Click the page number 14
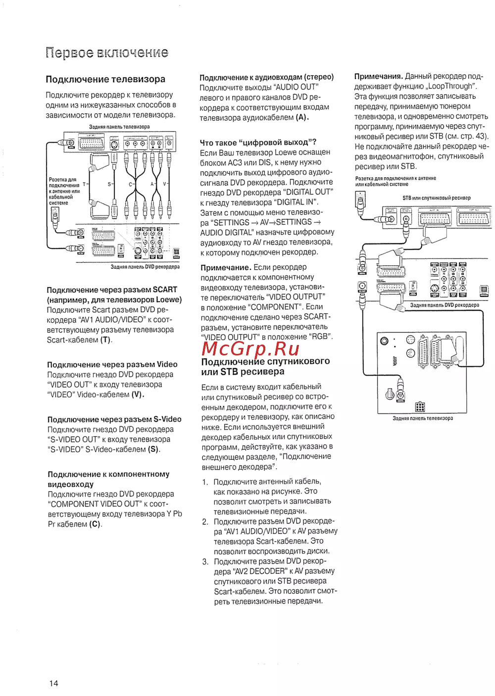coord(53,683)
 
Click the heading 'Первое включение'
coord(107,52)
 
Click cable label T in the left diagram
coord(84,184)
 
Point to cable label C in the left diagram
coord(131,184)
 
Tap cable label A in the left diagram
coord(152,184)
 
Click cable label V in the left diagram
coord(165,184)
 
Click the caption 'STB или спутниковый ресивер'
coord(436,198)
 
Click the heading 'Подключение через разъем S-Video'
coord(114,419)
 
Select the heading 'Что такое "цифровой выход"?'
coord(258,143)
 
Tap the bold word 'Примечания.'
coord(378,76)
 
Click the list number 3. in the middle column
coord(205,561)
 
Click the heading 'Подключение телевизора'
coord(105,79)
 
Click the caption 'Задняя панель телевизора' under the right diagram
coord(422,418)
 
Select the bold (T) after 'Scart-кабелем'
coord(106,340)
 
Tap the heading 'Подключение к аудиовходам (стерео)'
coord(266,77)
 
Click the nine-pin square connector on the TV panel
coord(420,407)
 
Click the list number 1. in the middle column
coord(205,482)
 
